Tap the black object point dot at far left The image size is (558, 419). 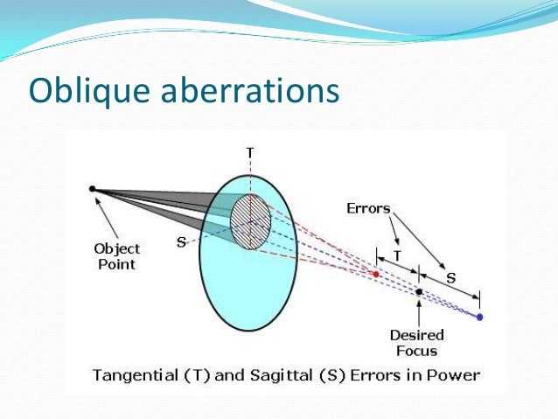click(92, 188)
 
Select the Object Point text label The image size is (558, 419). click(116, 255)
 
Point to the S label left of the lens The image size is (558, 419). click(181, 242)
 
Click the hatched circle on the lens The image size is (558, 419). click(250, 221)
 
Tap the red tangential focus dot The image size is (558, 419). click(376, 274)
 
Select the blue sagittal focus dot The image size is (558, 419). click(479, 316)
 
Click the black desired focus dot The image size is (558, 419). click(420, 291)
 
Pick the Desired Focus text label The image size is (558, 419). click(417, 342)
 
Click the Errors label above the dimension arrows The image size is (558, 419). click(368, 209)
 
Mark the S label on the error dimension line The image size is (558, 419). click(450, 277)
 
